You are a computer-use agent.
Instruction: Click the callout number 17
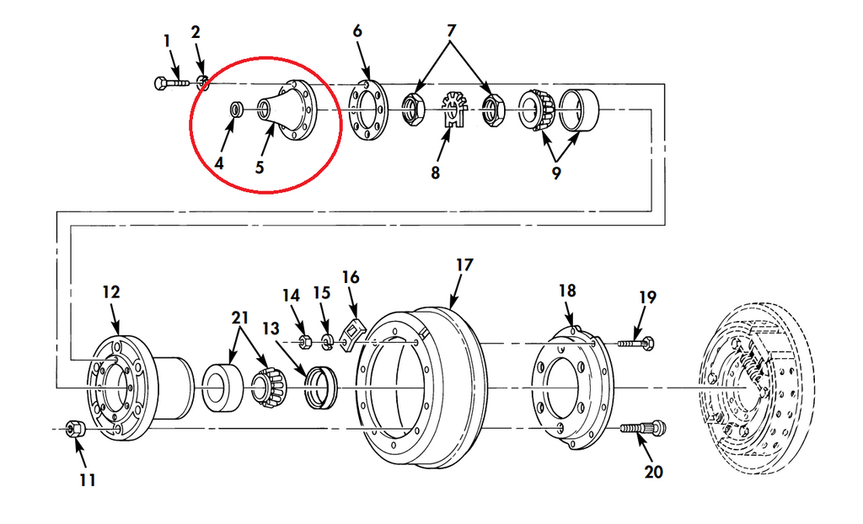coord(464,265)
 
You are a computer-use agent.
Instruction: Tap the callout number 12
coord(110,291)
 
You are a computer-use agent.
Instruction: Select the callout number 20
coord(653,472)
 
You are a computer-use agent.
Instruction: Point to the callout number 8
coord(436,173)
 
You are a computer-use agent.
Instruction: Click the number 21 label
coord(240,318)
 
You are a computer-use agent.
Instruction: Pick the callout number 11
coord(88,480)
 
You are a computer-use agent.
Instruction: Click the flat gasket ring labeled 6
coord(368,110)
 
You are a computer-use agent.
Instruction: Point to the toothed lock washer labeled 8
coord(454,110)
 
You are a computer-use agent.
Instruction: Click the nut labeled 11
coord(74,429)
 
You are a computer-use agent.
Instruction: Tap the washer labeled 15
coord(327,342)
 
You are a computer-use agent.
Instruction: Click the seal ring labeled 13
coord(321,388)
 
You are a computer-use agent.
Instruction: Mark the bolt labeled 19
coord(636,344)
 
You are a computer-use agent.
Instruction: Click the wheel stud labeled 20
coord(643,428)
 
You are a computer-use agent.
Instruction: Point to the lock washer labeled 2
coord(202,83)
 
